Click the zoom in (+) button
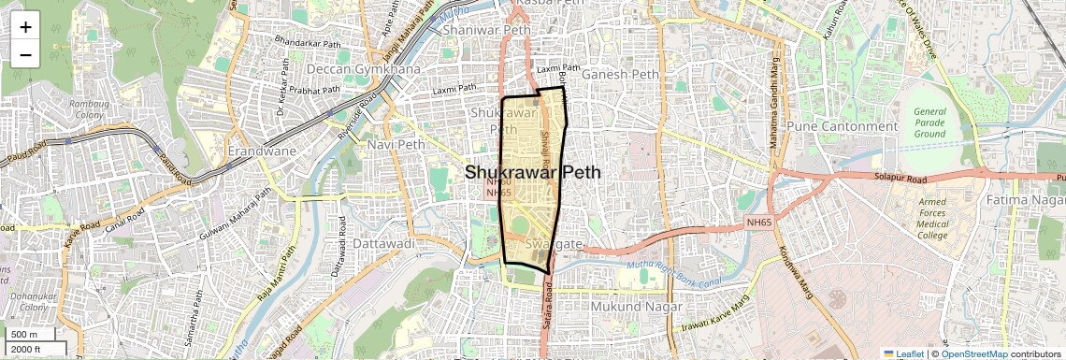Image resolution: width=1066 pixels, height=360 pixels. (25, 27)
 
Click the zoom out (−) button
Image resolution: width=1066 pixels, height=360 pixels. (25, 54)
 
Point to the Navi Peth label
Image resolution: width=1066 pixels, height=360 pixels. (396, 145)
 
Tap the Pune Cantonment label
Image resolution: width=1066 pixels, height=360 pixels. (843, 126)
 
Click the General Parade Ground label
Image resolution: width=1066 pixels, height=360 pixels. (929, 122)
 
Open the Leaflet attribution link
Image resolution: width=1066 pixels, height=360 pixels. (905, 353)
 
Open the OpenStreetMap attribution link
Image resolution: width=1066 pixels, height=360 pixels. (973, 353)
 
